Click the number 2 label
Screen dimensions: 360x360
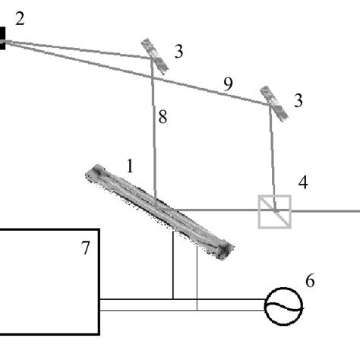20,19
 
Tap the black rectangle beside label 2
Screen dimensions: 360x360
2,38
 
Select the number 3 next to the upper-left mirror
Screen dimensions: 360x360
178,52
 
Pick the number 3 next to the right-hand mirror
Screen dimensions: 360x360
298,101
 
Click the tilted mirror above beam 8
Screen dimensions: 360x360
154,56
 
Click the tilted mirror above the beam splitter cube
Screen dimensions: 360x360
274,103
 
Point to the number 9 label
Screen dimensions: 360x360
228,84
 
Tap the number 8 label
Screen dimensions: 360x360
163,117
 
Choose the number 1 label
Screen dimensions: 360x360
130,166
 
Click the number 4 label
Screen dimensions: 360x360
303,182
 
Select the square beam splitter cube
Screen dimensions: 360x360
275,212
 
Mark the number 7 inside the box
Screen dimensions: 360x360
86,248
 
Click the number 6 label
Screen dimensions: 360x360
310,280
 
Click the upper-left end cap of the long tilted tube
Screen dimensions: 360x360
97,172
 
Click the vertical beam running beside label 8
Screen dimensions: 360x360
153,134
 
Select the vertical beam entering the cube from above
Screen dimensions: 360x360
273,157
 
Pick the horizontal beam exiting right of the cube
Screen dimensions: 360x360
326,210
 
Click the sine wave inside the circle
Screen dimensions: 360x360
283,307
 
